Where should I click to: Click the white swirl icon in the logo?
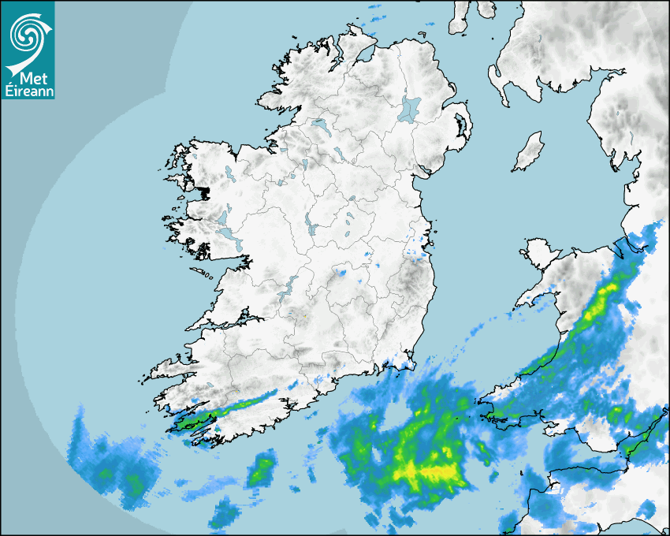click(x=27, y=33)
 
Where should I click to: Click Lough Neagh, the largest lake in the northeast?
click(x=410, y=109)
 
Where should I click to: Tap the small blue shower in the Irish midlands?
click(x=342, y=274)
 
